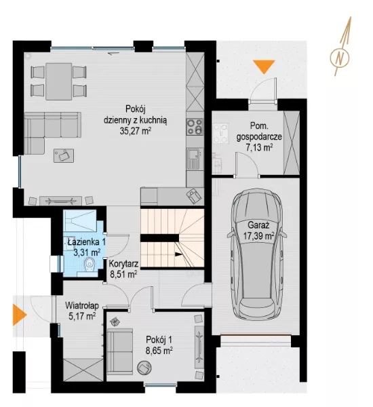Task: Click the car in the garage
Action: click(257, 254)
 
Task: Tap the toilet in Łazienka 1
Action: click(90, 265)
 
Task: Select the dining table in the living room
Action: click(58, 81)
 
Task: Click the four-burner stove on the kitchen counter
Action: click(195, 127)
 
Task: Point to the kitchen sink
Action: click(194, 158)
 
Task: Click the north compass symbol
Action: click(340, 47)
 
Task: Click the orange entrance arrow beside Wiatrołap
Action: click(20, 315)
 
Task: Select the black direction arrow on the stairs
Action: click(178, 254)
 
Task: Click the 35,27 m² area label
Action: click(135, 130)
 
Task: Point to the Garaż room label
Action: click(258, 225)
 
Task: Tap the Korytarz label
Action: click(123, 263)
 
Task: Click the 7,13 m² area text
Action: click(259, 147)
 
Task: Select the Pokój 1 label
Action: click(159, 340)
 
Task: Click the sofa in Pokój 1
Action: click(120, 351)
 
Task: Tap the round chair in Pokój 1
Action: click(144, 367)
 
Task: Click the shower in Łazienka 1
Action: click(80, 220)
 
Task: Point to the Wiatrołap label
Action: click(82, 305)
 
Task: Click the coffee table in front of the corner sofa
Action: click(64, 155)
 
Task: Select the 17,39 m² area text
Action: click(259, 236)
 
